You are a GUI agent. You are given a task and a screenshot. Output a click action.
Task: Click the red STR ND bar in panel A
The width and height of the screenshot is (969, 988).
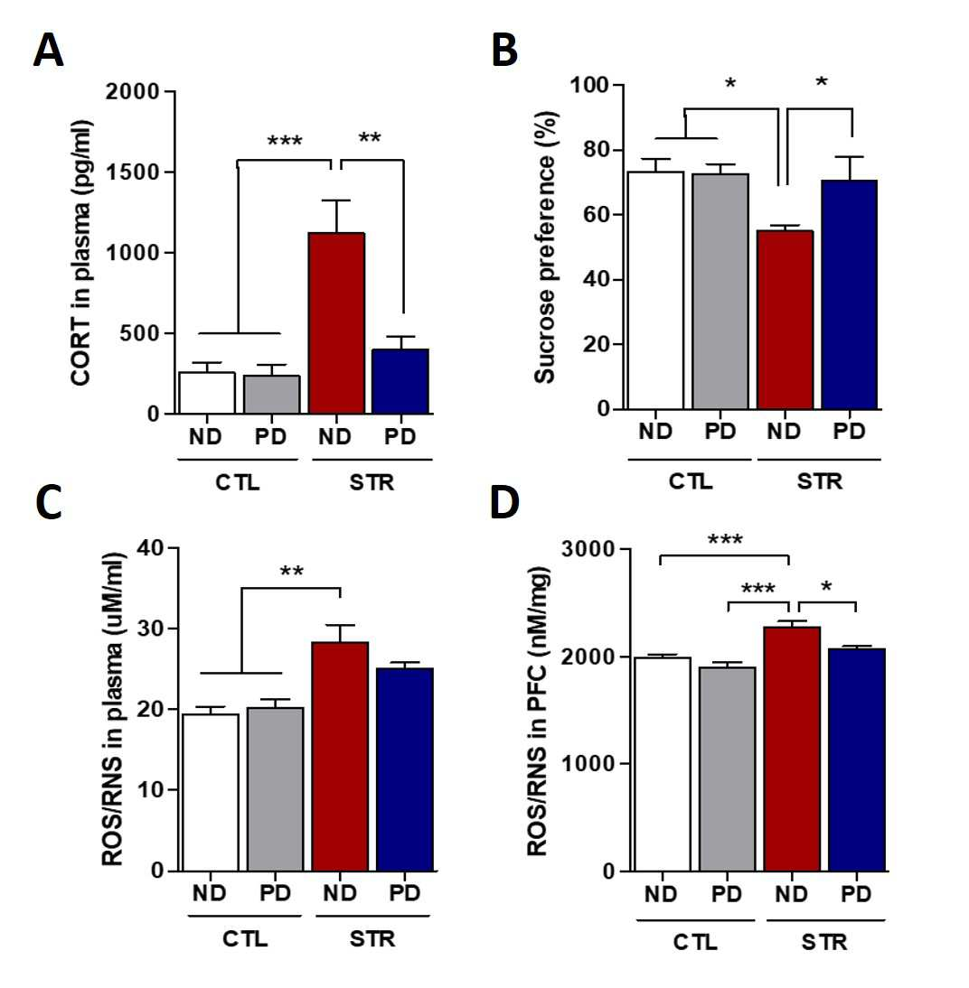[337, 323]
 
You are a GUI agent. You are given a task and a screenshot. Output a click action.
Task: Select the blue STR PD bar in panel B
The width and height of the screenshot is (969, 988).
[849, 294]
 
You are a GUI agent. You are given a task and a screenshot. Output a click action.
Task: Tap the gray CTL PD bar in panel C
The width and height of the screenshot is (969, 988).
[275, 789]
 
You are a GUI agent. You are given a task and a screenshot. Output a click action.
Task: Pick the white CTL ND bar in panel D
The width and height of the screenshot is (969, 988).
[663, 764]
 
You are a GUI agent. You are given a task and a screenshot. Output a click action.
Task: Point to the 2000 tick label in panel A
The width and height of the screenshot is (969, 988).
[133, 92]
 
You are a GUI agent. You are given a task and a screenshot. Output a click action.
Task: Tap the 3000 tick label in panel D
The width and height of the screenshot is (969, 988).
[588, 549]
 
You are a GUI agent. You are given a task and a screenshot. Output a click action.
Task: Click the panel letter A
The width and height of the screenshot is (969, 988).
[48, 51]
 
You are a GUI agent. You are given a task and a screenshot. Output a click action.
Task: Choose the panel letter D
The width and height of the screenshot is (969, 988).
[504, 503]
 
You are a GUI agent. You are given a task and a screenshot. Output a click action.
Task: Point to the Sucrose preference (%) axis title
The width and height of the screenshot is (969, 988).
[544, 247]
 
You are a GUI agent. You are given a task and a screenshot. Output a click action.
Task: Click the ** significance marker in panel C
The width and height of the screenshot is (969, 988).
[291, 572]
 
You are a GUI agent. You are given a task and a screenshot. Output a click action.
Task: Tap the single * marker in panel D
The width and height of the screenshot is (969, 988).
[826, 588]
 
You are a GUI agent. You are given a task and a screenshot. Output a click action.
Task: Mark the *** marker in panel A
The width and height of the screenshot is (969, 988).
[285, 141]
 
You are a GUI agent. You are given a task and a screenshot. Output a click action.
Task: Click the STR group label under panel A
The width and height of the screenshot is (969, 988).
[372, 482]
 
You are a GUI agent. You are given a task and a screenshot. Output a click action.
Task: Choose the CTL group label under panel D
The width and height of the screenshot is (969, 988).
[694, 943]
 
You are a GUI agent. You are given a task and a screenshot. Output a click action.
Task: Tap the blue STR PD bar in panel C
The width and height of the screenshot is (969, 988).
[405, 770]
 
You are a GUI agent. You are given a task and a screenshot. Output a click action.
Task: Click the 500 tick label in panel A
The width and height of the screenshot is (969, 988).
[140, 333]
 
